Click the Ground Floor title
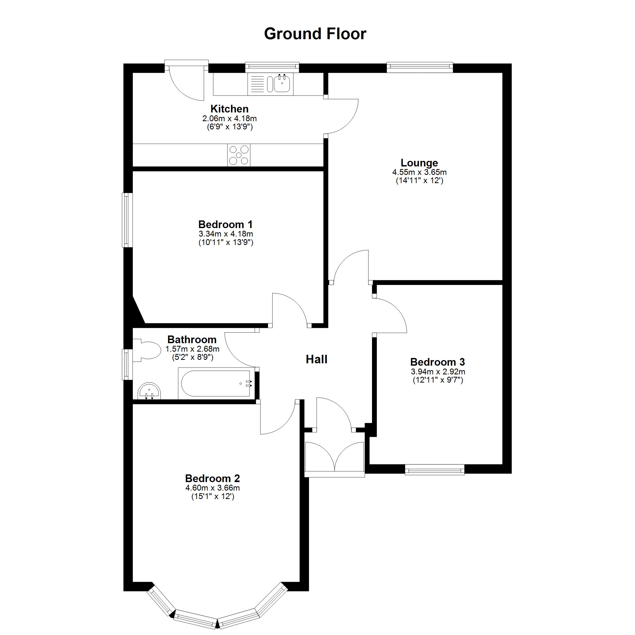(315, 34)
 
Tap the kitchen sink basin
(282, 84)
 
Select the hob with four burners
(239, 155)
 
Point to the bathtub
(216, 384)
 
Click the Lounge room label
(419, 163)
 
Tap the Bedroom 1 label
(225, 224)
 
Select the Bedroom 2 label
(212, 478)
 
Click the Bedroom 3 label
(437, 362)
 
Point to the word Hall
(316, 359)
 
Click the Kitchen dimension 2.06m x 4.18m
(229, 118)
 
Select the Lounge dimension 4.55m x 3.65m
(419, 172)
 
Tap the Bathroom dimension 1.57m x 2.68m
(192, 349)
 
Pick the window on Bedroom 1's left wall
(127, 220)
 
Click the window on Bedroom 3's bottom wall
(434, 469)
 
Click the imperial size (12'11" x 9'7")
(437, 380)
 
